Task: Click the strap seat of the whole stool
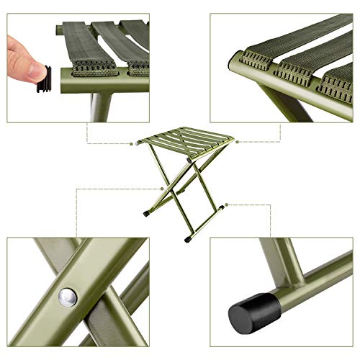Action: pos(180,136)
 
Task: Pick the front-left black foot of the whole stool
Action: pos(147,213)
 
